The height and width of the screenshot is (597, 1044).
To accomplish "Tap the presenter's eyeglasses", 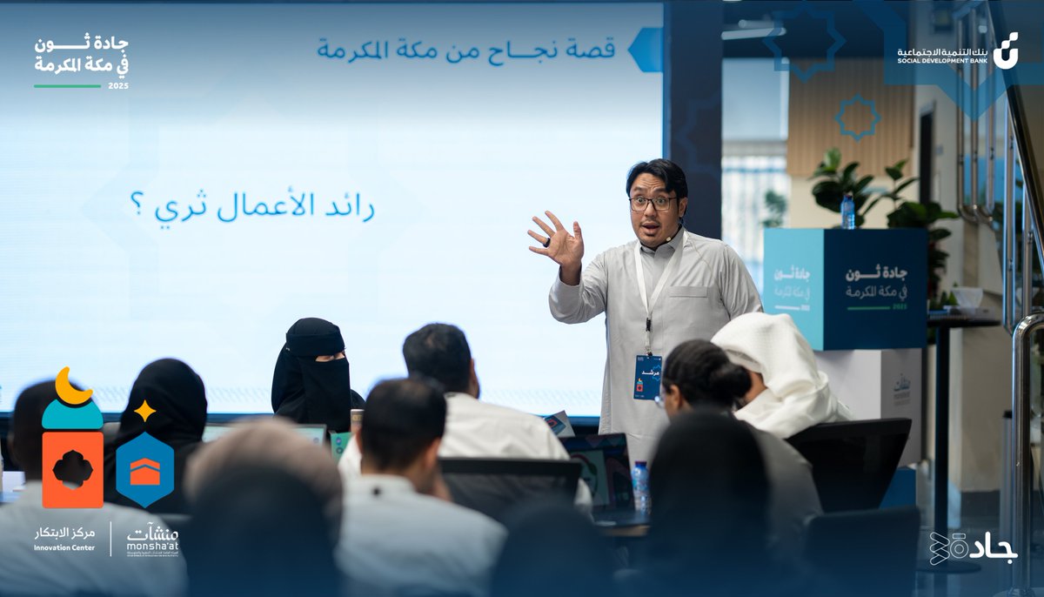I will pos(652,203).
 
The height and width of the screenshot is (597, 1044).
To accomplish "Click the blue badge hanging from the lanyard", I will pos(647,377).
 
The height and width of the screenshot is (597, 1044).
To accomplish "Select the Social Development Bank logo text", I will pos(942,56).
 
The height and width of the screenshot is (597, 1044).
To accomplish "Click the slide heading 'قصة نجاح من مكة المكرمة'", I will pos(466,49).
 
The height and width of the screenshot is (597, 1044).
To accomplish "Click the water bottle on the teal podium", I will pos(847,211).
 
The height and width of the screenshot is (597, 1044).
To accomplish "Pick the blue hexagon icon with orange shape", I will pos(144,470).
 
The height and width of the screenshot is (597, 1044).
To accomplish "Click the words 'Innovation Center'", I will pos(66,547).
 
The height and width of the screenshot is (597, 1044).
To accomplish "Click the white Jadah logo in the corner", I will pos(973,547).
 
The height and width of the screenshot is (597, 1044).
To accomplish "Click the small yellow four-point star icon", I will pos(144,410).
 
